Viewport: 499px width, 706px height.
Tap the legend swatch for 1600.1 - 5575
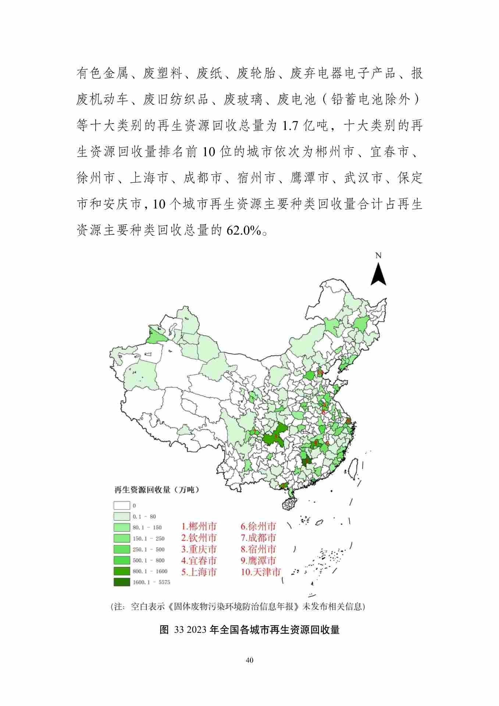click(122, 582)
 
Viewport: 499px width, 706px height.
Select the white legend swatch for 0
click(122, 506)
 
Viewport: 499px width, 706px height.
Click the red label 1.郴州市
click(199, 526)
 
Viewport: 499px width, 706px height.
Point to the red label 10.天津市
click(261, 572)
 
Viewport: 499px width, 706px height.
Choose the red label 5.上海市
click(199, 572)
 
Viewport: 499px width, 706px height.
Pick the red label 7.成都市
click(258, 538)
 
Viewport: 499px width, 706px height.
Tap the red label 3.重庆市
click(199, 549)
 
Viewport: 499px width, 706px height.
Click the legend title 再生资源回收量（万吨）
click(156, 490)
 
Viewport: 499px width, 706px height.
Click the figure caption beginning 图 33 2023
click(249, 630)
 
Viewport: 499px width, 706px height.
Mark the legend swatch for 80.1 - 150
click(122, 527)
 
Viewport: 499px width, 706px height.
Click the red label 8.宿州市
click(258, 549)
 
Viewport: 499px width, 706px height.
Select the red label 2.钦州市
click(199, 538)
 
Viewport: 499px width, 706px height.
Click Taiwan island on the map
click(353, 469)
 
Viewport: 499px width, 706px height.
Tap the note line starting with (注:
click(238, 606)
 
